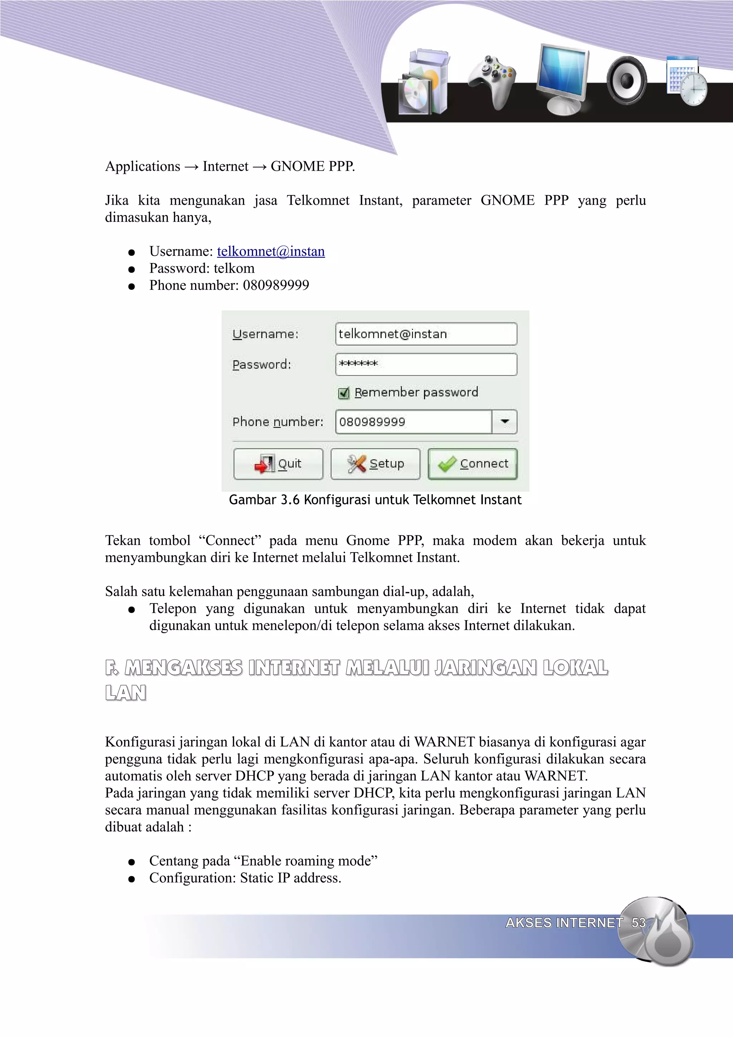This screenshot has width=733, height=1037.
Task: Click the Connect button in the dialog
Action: coord(472,463)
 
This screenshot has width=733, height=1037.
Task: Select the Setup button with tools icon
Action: coord(375,463)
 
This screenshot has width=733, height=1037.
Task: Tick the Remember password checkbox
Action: coord(344,393)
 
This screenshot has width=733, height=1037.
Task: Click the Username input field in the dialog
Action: coord(426,334)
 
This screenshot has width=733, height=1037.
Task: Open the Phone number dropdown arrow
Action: coord(504,422)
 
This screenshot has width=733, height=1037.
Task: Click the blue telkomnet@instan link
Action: coord(271,251)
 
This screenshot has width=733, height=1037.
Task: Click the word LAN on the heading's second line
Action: coord(126,693)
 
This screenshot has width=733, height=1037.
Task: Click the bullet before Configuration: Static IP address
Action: coord(131,879)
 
